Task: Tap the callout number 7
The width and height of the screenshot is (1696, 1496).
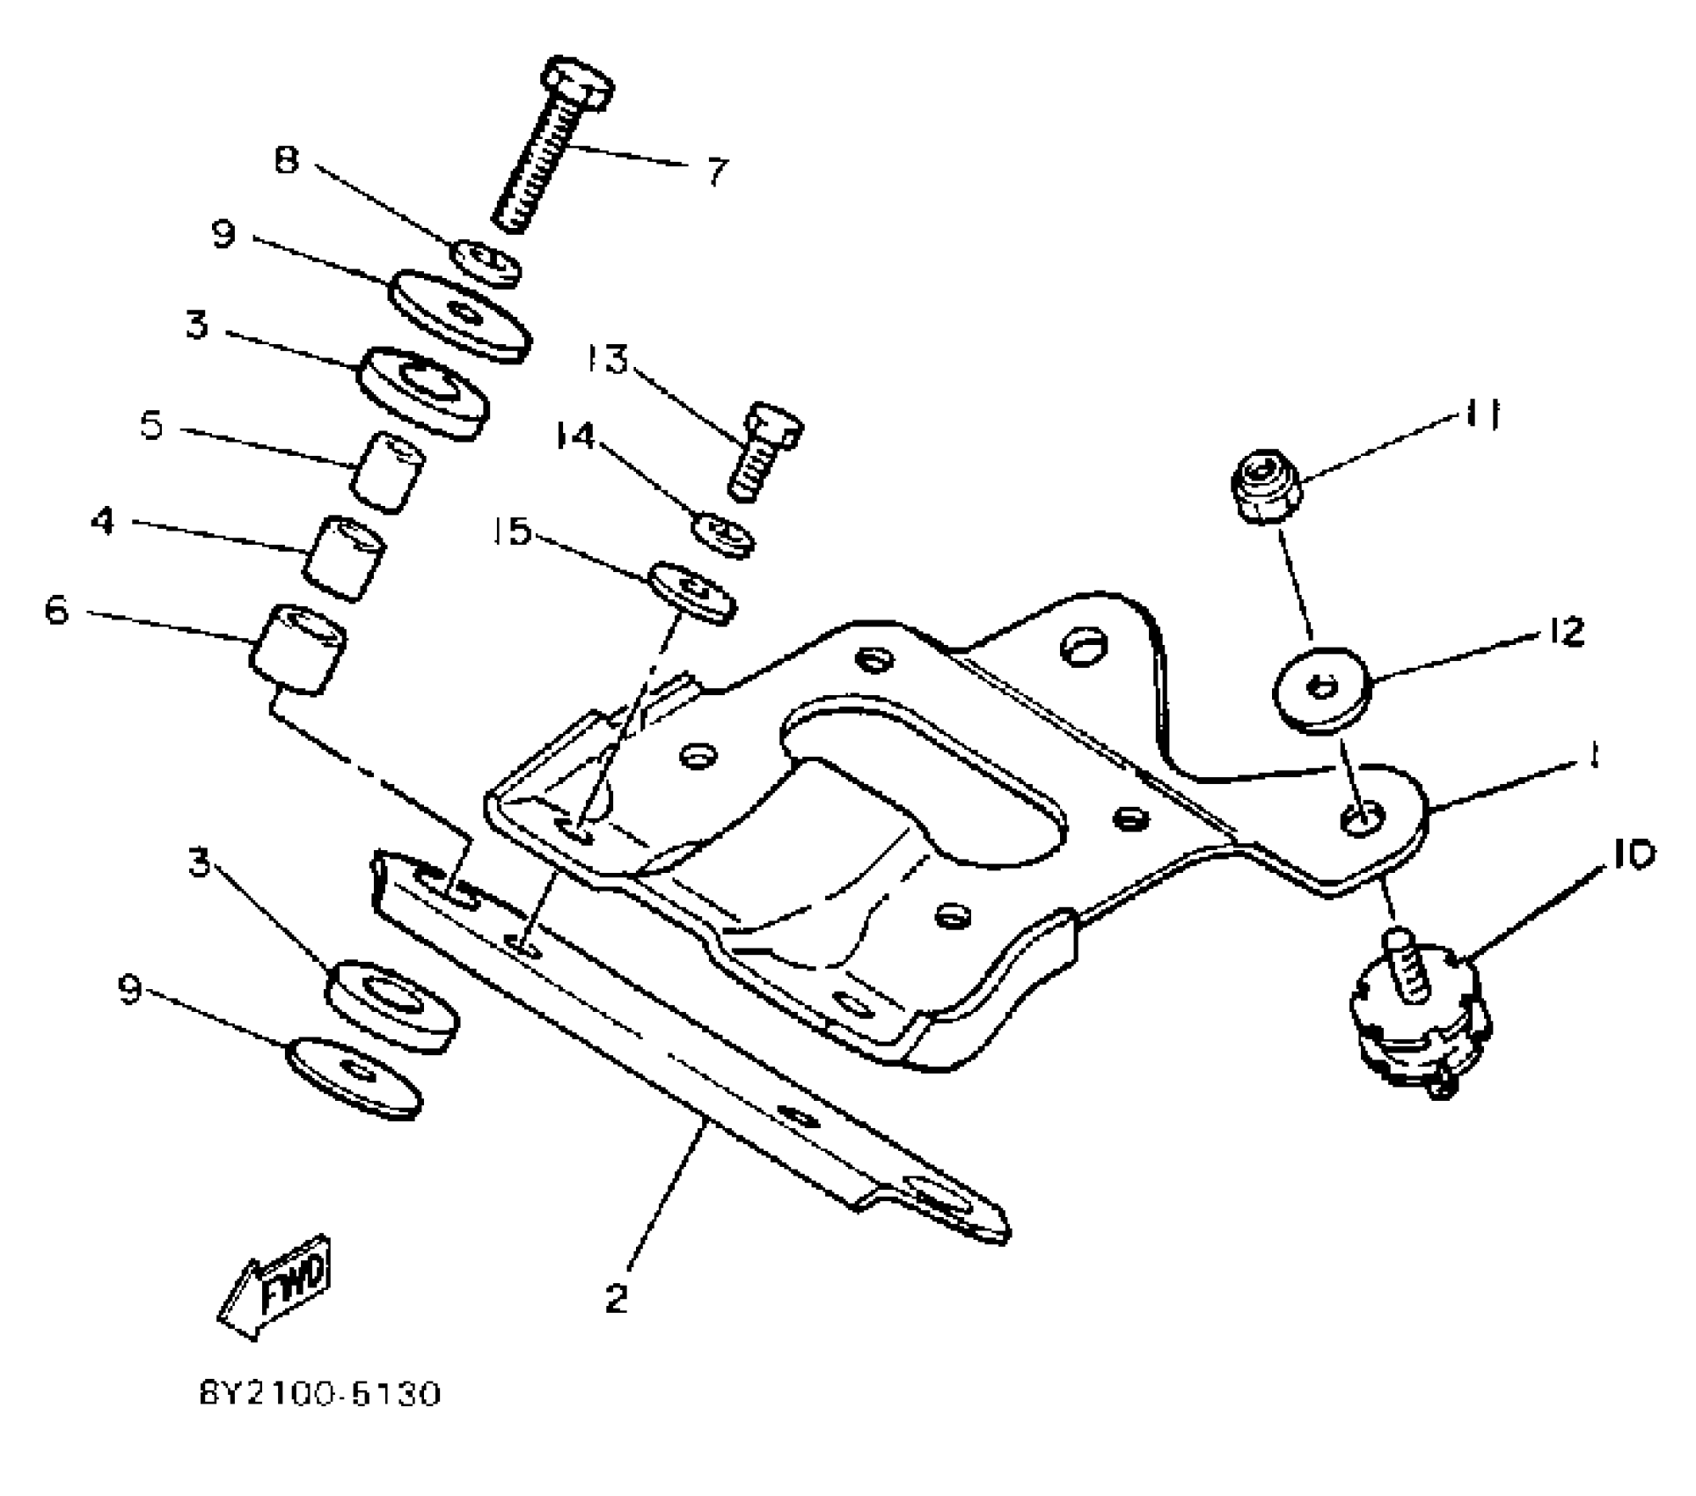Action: click(717, 171)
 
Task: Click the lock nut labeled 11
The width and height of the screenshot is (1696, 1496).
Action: click(1263, 486)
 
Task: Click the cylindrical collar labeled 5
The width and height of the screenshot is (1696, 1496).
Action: click(387, 472)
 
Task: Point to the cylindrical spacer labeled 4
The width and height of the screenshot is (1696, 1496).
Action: click(346, 559)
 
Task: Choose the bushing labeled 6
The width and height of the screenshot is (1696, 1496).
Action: click(297, 649)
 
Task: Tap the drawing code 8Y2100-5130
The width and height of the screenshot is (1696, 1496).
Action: click(319, 1419)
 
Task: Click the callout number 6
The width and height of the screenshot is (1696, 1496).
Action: click(56, 610)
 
